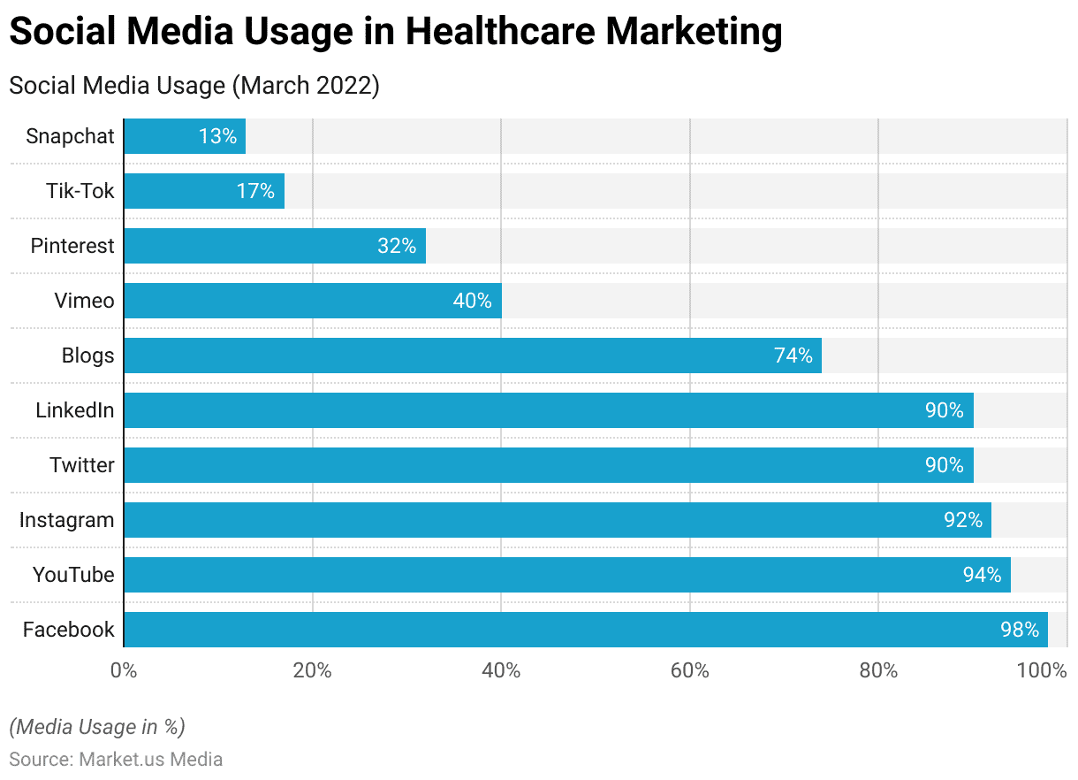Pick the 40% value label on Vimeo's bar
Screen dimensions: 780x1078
tap(472, 301)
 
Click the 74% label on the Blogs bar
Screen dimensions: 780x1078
tap(793, 356)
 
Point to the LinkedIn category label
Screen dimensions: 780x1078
tap(75, 410)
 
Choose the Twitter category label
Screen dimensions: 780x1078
tap(82, 465)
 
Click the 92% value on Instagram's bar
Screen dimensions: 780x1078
tap(963, 520)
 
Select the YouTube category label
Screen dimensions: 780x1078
tap(73, 575)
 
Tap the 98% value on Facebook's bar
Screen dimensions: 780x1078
tap(1020, 630)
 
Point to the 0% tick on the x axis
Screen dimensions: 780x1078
tap(124, 670)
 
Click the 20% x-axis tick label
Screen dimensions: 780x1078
tap(312, 670)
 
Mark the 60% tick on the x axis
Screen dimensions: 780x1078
tap(689, 670)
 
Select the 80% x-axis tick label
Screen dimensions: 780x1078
tap(878, 670)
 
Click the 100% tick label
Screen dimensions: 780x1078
tap(1043, 670)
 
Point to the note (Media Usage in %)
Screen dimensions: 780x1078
tap(97, 727)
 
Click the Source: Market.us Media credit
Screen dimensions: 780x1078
tap(116, 759)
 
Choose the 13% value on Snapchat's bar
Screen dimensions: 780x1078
tap(217, 136)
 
